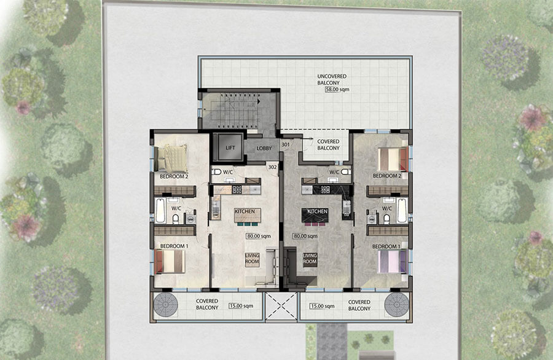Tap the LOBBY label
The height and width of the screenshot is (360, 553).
click(264, 148)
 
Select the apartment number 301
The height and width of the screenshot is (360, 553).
click(285, 145)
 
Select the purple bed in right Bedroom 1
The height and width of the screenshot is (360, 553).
click(392, 260)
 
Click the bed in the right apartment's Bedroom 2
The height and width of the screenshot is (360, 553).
click(392, 159)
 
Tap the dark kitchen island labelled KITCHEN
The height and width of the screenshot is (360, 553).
click(314, 216)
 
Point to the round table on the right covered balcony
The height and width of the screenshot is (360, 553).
click(396, 305)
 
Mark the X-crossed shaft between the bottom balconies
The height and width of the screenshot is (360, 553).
click(281, 305)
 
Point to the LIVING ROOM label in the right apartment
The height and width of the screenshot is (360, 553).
click(310, 259)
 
